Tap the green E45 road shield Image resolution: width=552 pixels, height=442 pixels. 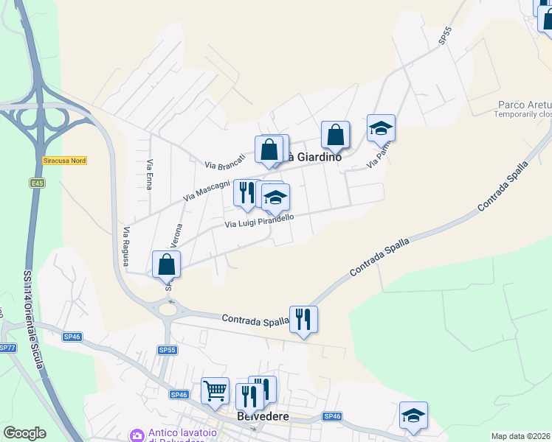pyautogui.click(x=38, y=182)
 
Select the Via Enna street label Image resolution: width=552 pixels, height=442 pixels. pyautogui.click(x=150, y=175)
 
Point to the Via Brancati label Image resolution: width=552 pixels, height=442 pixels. pyautogui.click(x=224, y=161)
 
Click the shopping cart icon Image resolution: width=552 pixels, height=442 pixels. pyautogui.click(x=215, y=390)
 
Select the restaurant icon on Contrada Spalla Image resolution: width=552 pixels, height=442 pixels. pyautogui.click(x=303, y=320)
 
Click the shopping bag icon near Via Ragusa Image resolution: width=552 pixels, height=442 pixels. pyautogui.click(x=167, y=264)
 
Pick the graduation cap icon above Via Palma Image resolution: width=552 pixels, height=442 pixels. pyautogui.click(x=381, y=128)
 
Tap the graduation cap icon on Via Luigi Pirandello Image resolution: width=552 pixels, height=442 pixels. pyautogui.click(x=276, y=198)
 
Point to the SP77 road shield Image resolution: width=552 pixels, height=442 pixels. pyautogui.click(x=7, y=348)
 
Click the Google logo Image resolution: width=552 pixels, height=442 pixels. pyautogui.click(x=24, y=433)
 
